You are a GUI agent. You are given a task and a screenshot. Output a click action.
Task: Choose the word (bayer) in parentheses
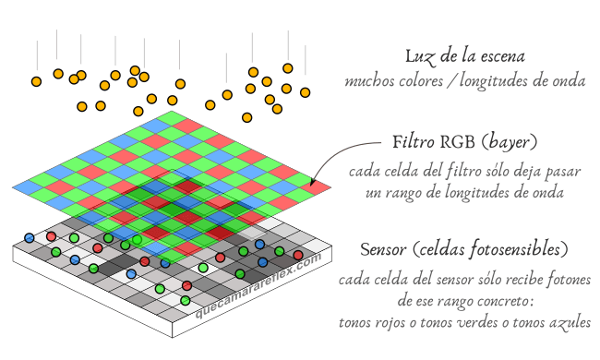[510, 144]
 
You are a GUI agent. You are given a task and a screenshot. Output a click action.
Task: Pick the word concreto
[514, 301]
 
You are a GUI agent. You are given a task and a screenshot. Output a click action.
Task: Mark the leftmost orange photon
[36, 81]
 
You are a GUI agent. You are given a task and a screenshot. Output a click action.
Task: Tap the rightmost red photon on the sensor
[297, 255]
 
